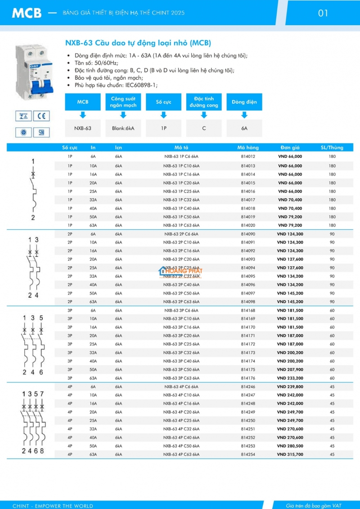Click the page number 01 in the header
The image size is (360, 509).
[x=323, y=13]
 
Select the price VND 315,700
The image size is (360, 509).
[x=290, y=455]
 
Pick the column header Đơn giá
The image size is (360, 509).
[x=290, y=147]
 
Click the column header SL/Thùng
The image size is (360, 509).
[x=332, y=147]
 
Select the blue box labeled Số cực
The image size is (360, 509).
[x=164, y=102]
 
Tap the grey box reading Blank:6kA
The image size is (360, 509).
[x=123, y=129]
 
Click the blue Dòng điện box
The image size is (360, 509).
[x=244, y=102]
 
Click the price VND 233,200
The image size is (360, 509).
[x=290, y=378]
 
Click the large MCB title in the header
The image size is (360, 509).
[x=27, y=13]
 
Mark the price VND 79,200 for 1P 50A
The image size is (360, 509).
[x=290, y=217]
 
